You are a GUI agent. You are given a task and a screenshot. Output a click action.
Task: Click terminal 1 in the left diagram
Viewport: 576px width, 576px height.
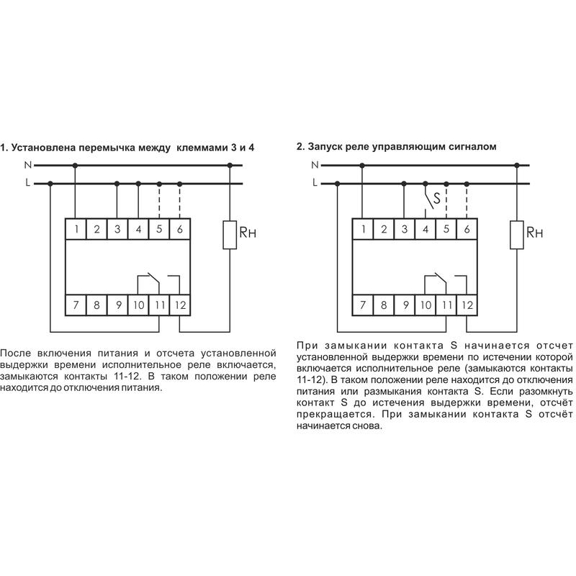[x=76, y=230]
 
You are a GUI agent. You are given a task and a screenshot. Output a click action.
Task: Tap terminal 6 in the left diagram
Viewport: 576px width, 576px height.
[x=179, y=230]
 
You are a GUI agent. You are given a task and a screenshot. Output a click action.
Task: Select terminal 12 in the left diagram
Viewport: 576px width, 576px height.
[x=180, y=305]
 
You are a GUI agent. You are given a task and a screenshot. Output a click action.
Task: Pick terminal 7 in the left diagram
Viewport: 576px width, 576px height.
[x=75, y=305]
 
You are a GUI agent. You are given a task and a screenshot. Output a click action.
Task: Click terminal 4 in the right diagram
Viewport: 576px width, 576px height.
[x=426, y=230]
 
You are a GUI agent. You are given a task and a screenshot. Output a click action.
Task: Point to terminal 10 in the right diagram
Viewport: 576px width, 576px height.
[x=426, y=305]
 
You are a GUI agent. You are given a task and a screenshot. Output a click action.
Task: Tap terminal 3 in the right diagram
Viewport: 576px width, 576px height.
[x=405, y=230]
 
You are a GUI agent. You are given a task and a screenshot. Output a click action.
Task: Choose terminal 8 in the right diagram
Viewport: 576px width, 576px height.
[x=384, y=305]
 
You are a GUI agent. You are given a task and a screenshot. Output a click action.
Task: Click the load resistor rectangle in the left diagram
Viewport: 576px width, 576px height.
[x=230, y=235]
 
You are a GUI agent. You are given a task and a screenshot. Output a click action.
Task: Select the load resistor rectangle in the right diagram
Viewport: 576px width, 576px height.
[x=517, y=235]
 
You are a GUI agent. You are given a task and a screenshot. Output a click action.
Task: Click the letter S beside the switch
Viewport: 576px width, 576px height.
[x=436, y=195]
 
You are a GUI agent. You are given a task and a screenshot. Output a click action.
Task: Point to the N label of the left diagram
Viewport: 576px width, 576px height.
[x=27, y=165]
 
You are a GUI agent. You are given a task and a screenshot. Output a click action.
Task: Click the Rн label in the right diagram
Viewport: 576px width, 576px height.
[x=534, y=233]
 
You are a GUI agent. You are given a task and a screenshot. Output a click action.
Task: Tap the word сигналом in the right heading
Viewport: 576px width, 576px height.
[x=472, y=147]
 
